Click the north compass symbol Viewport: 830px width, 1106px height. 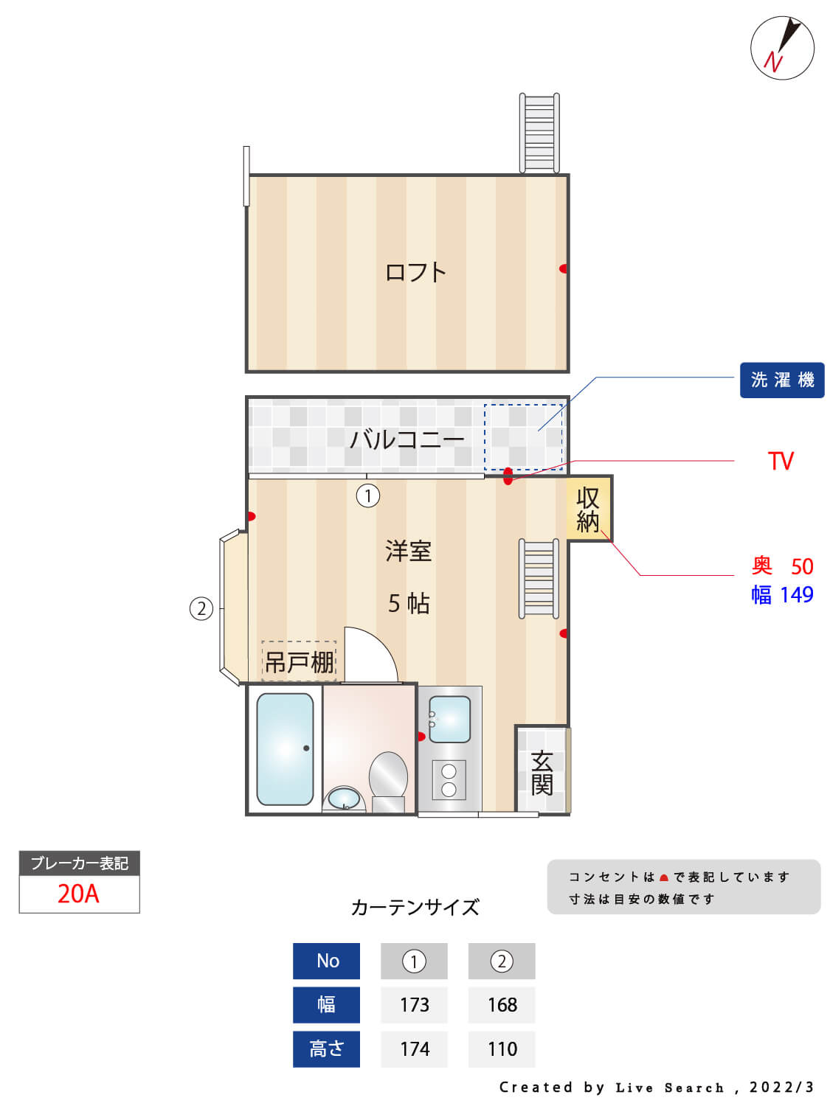[781, 47]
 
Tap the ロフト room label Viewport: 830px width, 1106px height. [415, 272]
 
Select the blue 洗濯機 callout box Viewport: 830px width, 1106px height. [781, 380]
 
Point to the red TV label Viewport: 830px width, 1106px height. [781, 461]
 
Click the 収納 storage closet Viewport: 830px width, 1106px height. [589, 509]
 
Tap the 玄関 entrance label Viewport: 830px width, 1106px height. [542, 773]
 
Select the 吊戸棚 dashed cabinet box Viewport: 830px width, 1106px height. [299, 661]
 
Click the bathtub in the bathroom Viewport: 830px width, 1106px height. [285, 749]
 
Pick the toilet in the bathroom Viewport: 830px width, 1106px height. [388, 782]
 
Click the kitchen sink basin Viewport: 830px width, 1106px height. [449, 720]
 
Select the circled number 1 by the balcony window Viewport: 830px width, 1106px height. [368, 495]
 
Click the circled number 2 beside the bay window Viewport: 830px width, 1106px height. [201, 609]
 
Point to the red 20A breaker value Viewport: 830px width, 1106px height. [79, 894]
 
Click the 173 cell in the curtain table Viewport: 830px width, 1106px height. [414, 1005]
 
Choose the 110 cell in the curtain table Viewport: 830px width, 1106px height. [502, 1048]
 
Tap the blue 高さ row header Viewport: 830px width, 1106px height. [327, 1048]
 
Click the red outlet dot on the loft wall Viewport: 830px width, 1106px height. [564, 268]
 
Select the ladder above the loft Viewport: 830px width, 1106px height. [539, 133]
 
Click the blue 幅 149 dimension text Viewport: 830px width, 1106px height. [782, 595]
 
